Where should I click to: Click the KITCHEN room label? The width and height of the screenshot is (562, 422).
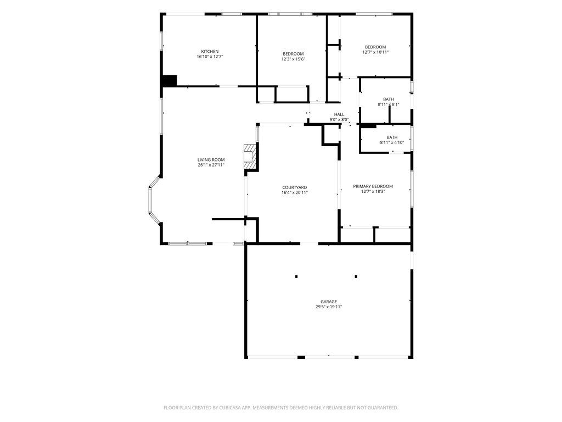pyautogui.click(x=210, y=51)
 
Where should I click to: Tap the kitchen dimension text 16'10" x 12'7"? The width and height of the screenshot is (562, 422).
pyautogui.click(x=210, y=57)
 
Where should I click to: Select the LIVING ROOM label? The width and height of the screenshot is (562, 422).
pyautogui.click(x=211, y=160)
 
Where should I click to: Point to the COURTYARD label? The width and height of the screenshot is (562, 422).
pyautogui.click(x=295, y=187)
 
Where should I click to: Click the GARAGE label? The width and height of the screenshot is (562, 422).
pyautogui.click(x=329, y=302)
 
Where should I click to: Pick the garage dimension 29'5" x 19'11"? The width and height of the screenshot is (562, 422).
pyautogui.click(x=329, y=307)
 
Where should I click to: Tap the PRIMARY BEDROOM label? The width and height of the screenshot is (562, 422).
pyautogui.click(x=373, y=186)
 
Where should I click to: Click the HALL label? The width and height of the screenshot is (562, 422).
pyautogui.click(x=339, y=114)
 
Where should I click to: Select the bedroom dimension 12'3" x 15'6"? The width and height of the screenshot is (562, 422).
pyautogui.click(x=293, y=59)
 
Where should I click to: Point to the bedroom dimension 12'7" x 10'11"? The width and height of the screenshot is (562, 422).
pyautogui.click(x=375, y=52)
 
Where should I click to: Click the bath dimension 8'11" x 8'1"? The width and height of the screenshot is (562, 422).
pyautogui.click(x=389, y=105)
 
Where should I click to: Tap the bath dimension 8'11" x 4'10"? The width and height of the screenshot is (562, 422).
pyautogui.click(x=392, y=142)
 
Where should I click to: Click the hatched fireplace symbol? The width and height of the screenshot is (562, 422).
pyautogui.click(x=250, y=157)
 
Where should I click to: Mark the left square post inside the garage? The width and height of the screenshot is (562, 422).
pyautogui.click(x=296, y=277)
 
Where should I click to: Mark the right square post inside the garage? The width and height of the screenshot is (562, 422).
pyautogui.click(x=356, y=277)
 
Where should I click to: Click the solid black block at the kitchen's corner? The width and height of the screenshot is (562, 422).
pyautogui.click(x=170, y=81)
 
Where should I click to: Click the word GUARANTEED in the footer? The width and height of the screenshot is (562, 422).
pyautogui.click(x=383, y=408)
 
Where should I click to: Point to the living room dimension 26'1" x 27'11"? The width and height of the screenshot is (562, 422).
pyautogui.click(x=211, y=165)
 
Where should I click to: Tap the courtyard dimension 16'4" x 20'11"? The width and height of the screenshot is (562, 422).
pyautogui.click(x=295, y=193)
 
